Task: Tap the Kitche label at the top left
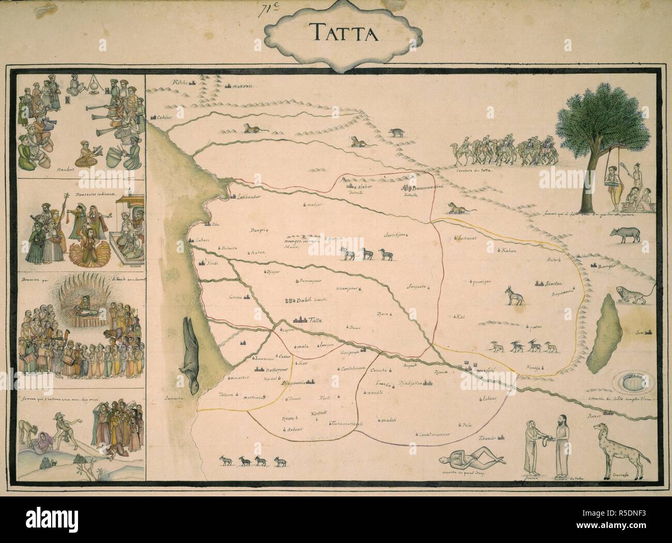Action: point(181,82)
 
